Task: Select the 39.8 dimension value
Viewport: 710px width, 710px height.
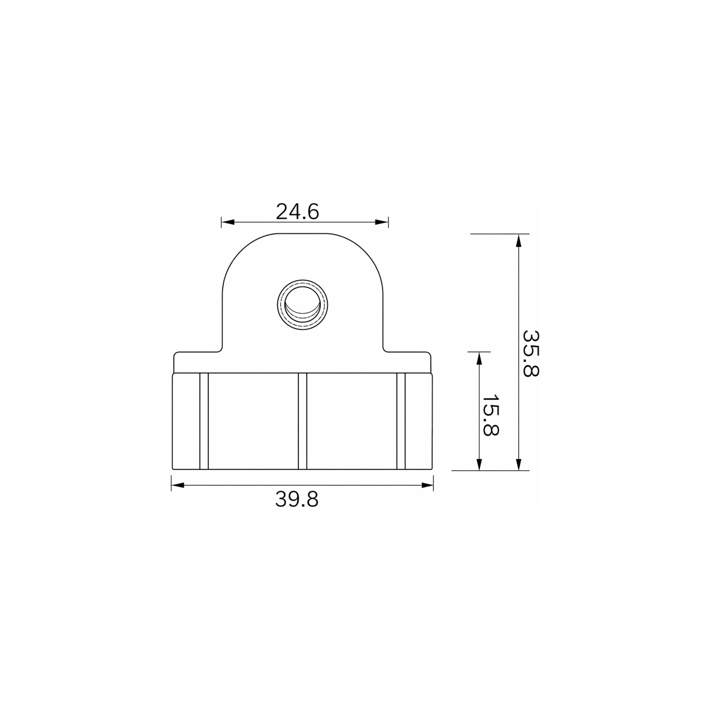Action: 297,500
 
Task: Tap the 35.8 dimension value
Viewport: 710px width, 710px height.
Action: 531,354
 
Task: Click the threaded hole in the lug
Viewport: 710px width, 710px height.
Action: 302,305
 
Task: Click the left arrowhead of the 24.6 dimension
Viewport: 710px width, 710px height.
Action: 228,222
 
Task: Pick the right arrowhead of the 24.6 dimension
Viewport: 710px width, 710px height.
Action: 381,222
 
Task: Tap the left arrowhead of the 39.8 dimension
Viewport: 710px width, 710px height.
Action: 178,485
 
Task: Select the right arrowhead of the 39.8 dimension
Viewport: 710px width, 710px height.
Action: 427,485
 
